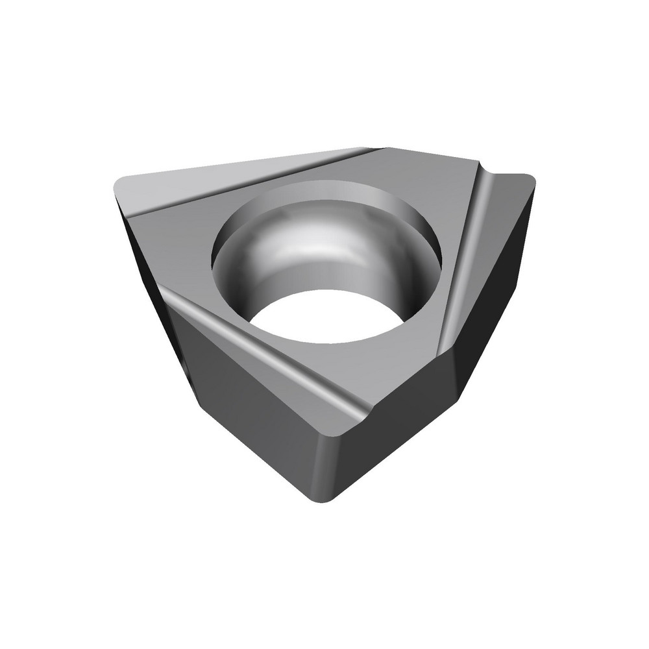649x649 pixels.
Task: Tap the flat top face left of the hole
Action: click(x=182, y=247)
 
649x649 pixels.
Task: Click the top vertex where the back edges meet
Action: click(x=383, y=149)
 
